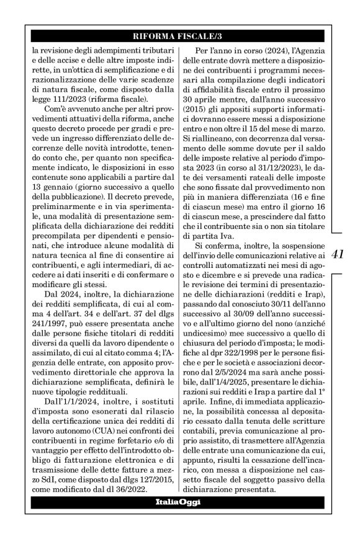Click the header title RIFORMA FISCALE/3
click(179, 35)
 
